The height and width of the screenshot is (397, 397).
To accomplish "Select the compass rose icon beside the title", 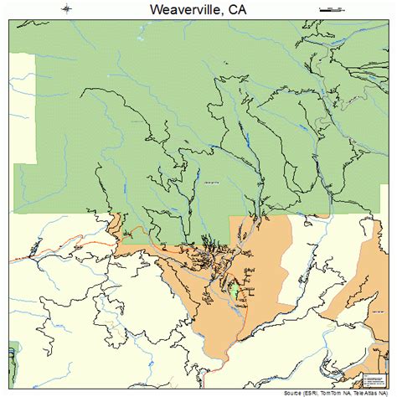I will click(67, 8).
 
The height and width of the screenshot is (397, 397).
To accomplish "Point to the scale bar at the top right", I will click(333, 8).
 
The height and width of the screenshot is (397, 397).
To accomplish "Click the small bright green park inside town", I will click(235, 291).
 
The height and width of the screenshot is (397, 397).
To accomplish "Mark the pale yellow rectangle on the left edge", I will click(23, 109).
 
